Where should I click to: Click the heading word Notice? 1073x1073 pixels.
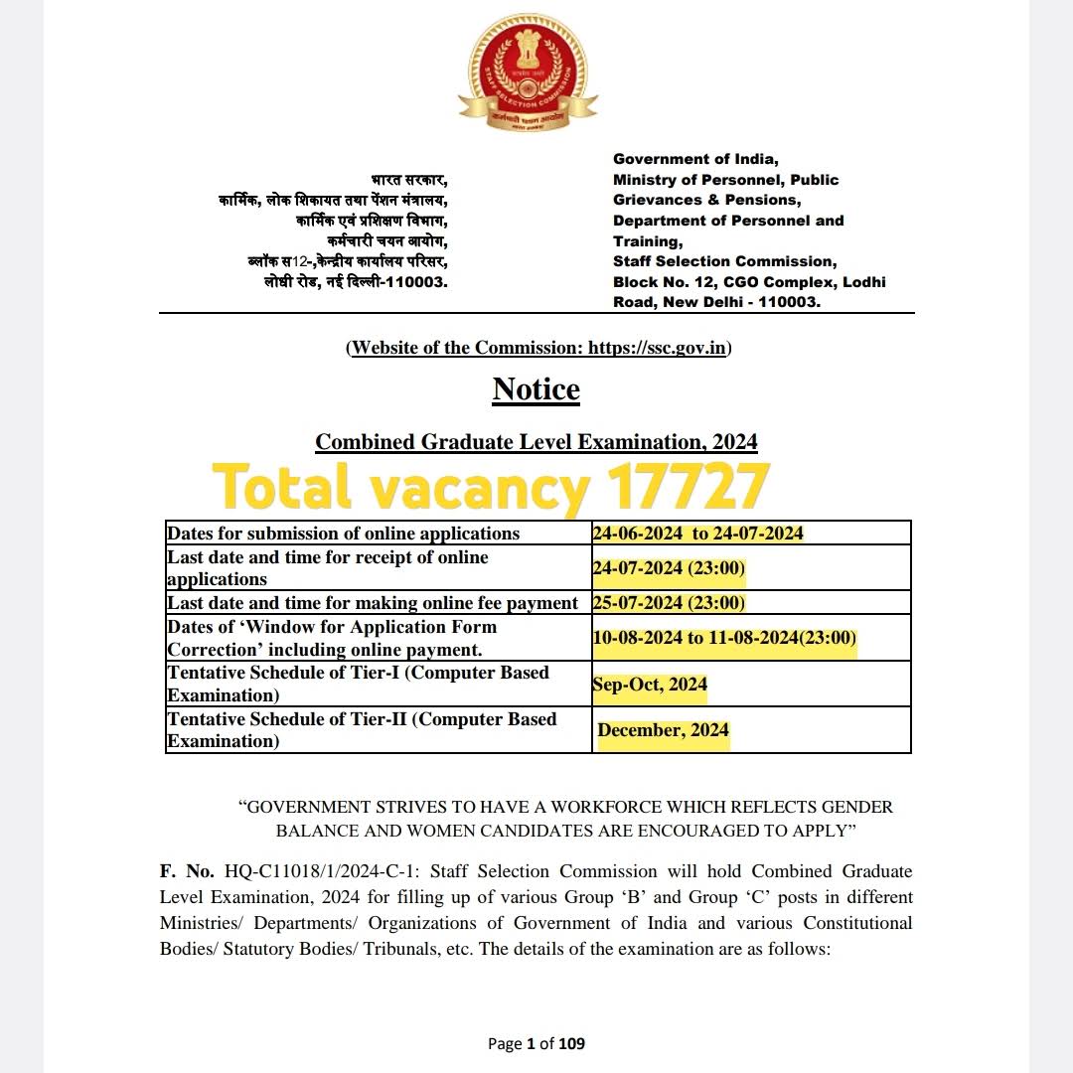click(536, 389)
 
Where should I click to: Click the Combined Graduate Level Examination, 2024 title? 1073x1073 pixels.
click(536, 441)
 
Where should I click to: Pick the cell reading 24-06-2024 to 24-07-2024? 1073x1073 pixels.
click(697, 534)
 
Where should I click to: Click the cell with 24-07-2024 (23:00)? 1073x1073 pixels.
click(669, 568)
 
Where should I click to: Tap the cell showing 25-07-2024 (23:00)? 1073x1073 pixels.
click(669, 603)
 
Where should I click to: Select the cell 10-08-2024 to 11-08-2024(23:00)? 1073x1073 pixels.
click(724, 638)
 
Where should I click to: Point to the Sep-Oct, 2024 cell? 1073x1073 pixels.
click(650, 684)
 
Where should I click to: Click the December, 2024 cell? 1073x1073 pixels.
click(663, 730)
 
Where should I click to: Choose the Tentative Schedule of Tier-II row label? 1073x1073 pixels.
click(362, 730)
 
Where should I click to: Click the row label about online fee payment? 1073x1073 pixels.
click(373, 603)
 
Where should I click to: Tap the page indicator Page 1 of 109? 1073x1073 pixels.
click(536, 1043)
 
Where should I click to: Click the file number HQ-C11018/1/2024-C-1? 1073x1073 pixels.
click(322, 871)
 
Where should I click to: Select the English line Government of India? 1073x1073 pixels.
click(695, 159)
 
